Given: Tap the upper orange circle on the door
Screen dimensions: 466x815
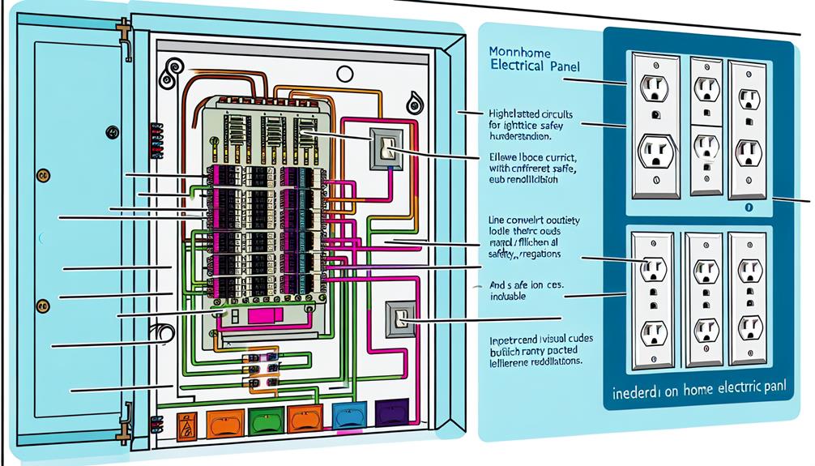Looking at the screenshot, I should pyautogui.click(x=44, y=173).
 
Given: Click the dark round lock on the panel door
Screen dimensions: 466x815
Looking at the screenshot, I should pyautogui.click(x=112, y=132).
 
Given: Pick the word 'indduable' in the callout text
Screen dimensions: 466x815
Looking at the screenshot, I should pyautogui.click(x=507, y=297).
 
